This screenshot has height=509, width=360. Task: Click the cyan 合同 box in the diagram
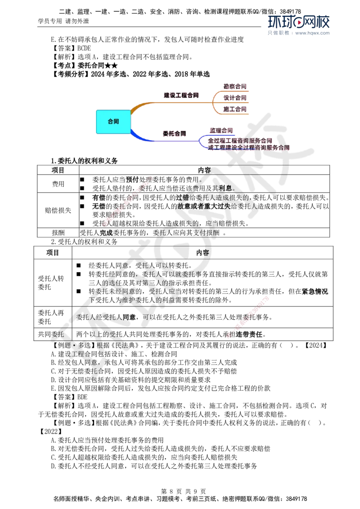113,122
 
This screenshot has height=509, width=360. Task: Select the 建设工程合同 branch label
181,95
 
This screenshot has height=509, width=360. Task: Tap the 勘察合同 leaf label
235,86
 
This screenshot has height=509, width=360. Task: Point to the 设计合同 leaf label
235,98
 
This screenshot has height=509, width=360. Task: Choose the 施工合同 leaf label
235,109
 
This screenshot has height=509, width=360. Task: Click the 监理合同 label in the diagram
221,130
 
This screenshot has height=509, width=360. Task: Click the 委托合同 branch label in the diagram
175,134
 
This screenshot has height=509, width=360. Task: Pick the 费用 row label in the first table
58,184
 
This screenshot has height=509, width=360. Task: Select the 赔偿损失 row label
58,210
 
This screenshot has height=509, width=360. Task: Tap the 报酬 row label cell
58,233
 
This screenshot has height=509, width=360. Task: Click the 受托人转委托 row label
51,283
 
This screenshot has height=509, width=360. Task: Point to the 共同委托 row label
51,335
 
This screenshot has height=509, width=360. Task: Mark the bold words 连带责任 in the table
249,335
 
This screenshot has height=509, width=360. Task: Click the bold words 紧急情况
315,291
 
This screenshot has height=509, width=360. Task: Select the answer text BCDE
84,48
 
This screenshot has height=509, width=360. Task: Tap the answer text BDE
82,397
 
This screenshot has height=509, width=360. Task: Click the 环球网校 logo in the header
299,22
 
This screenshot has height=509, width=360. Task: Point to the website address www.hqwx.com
313,33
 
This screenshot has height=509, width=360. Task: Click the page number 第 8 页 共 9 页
184,491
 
